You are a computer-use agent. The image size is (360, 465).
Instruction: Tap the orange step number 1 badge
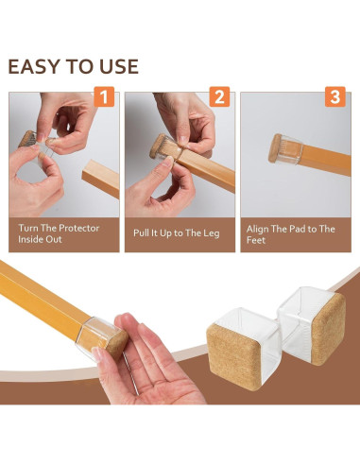[104, 96]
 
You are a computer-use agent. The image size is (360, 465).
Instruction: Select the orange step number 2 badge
[219, 96]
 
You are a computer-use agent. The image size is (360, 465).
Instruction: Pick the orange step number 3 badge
[335, 96]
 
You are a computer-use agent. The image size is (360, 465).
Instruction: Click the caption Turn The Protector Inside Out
[59, 233]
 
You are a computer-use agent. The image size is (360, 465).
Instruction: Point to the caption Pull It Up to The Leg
[177, 233]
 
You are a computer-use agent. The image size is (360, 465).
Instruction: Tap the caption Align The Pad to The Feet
[290, 234]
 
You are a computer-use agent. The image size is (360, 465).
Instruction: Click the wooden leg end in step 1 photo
[101, 179]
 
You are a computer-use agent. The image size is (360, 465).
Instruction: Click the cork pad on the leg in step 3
[275, 148]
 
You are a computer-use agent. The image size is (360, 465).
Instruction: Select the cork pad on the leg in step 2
[157, 146]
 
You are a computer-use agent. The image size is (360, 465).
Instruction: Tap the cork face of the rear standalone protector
[328, 329]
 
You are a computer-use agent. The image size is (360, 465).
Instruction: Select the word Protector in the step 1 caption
[79, 228]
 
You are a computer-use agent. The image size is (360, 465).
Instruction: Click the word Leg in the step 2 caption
[212, 233]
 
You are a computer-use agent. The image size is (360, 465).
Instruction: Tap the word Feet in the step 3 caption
[256, 240]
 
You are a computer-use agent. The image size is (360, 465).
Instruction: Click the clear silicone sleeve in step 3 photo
[288, 150]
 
